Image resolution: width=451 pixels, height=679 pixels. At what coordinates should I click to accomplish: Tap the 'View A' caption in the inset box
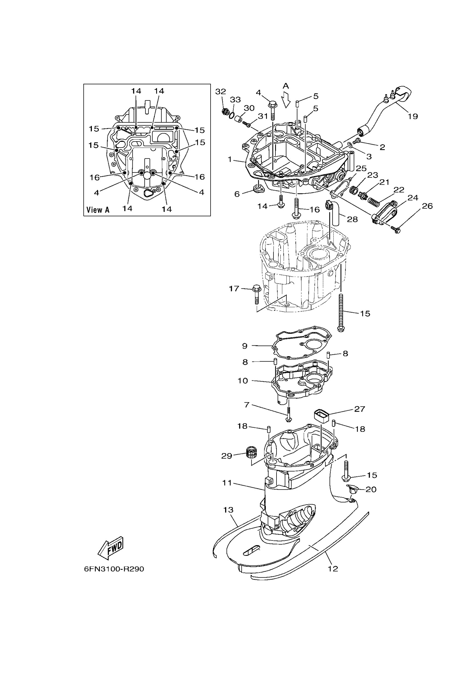click(98, 210)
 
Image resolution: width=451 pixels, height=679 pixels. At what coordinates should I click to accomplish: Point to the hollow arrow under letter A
click(286, 100)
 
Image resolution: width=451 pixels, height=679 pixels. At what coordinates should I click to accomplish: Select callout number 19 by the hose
click(413, 116)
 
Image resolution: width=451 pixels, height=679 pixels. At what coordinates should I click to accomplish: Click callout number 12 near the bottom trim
click(333, 568)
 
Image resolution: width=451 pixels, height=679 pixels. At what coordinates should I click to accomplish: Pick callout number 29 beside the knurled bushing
click(227, 456)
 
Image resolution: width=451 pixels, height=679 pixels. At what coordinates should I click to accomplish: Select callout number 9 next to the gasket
click(245, 346)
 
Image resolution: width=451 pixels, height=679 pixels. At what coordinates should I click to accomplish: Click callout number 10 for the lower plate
click(243, 381)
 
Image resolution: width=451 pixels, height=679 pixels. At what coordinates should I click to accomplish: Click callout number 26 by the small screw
click(427, 206)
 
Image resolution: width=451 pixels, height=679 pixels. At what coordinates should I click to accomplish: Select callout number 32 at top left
click(221, 91)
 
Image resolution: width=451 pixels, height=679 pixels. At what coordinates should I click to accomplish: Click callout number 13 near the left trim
click(228, 510)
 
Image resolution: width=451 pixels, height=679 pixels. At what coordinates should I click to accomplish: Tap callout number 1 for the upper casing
click(229, 159)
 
